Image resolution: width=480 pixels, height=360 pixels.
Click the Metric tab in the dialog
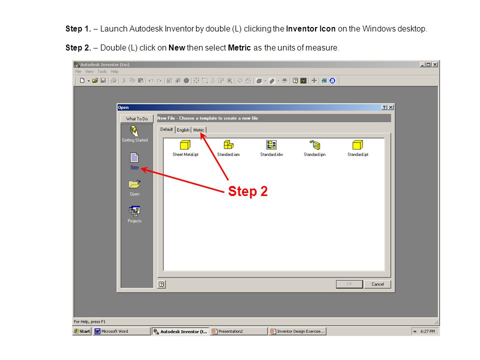199,130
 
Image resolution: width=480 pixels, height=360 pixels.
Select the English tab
183,130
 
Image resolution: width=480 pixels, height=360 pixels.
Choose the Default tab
166,129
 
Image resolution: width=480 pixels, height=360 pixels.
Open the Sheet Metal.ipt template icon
185,145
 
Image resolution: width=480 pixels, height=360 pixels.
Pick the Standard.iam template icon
228,145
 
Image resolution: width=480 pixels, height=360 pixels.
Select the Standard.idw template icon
271,145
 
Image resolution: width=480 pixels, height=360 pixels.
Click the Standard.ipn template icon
314,145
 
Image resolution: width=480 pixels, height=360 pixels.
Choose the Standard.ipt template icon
357,145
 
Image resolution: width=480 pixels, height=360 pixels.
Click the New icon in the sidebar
134,158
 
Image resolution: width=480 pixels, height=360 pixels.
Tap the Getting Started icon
134,130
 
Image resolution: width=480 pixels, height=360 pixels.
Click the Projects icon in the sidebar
134,211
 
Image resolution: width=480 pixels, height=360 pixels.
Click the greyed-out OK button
349,284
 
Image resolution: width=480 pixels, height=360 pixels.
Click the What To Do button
136,119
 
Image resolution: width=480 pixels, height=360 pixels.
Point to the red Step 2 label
247,191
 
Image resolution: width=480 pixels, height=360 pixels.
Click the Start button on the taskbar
82,331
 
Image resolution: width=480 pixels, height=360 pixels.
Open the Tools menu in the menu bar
102,71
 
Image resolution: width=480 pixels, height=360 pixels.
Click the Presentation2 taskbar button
238,331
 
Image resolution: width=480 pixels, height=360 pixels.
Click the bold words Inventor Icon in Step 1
310,29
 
